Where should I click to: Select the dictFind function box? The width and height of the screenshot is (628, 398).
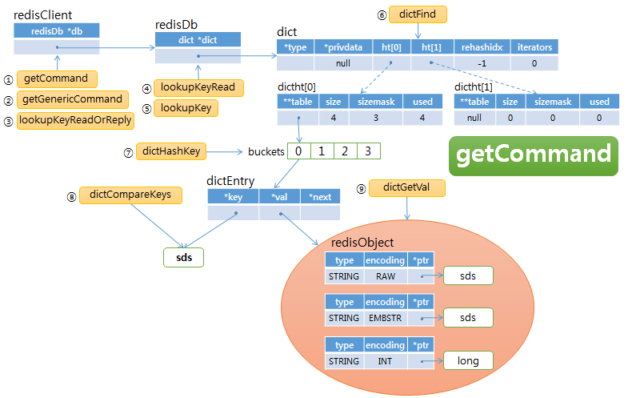point(418,14)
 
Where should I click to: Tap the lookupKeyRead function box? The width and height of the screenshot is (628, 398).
point(198,87)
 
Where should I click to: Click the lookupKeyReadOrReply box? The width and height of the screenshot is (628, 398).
point(75,120)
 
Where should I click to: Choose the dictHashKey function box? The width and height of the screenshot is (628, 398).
point(172,151)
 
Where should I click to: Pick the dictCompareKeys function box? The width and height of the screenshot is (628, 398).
point(130,194)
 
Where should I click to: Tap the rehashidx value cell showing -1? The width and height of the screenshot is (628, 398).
point(482,63)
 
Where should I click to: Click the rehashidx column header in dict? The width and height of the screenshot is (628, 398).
point(482,47)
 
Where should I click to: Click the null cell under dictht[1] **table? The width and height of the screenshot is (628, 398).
point(473,118)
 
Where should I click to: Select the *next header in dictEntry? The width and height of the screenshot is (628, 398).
point(320,196)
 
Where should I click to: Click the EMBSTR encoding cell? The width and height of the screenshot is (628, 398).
point(385,318)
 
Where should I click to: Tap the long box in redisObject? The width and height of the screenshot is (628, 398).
point(468,360)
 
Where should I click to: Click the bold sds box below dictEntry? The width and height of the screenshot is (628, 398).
point(183,257)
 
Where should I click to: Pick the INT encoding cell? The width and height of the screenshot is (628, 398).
point(385,361)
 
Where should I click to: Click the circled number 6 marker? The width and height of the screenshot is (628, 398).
point(381,15)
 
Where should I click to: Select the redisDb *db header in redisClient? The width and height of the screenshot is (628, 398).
point(55,30)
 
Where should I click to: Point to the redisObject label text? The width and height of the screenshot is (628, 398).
point(362,243)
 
